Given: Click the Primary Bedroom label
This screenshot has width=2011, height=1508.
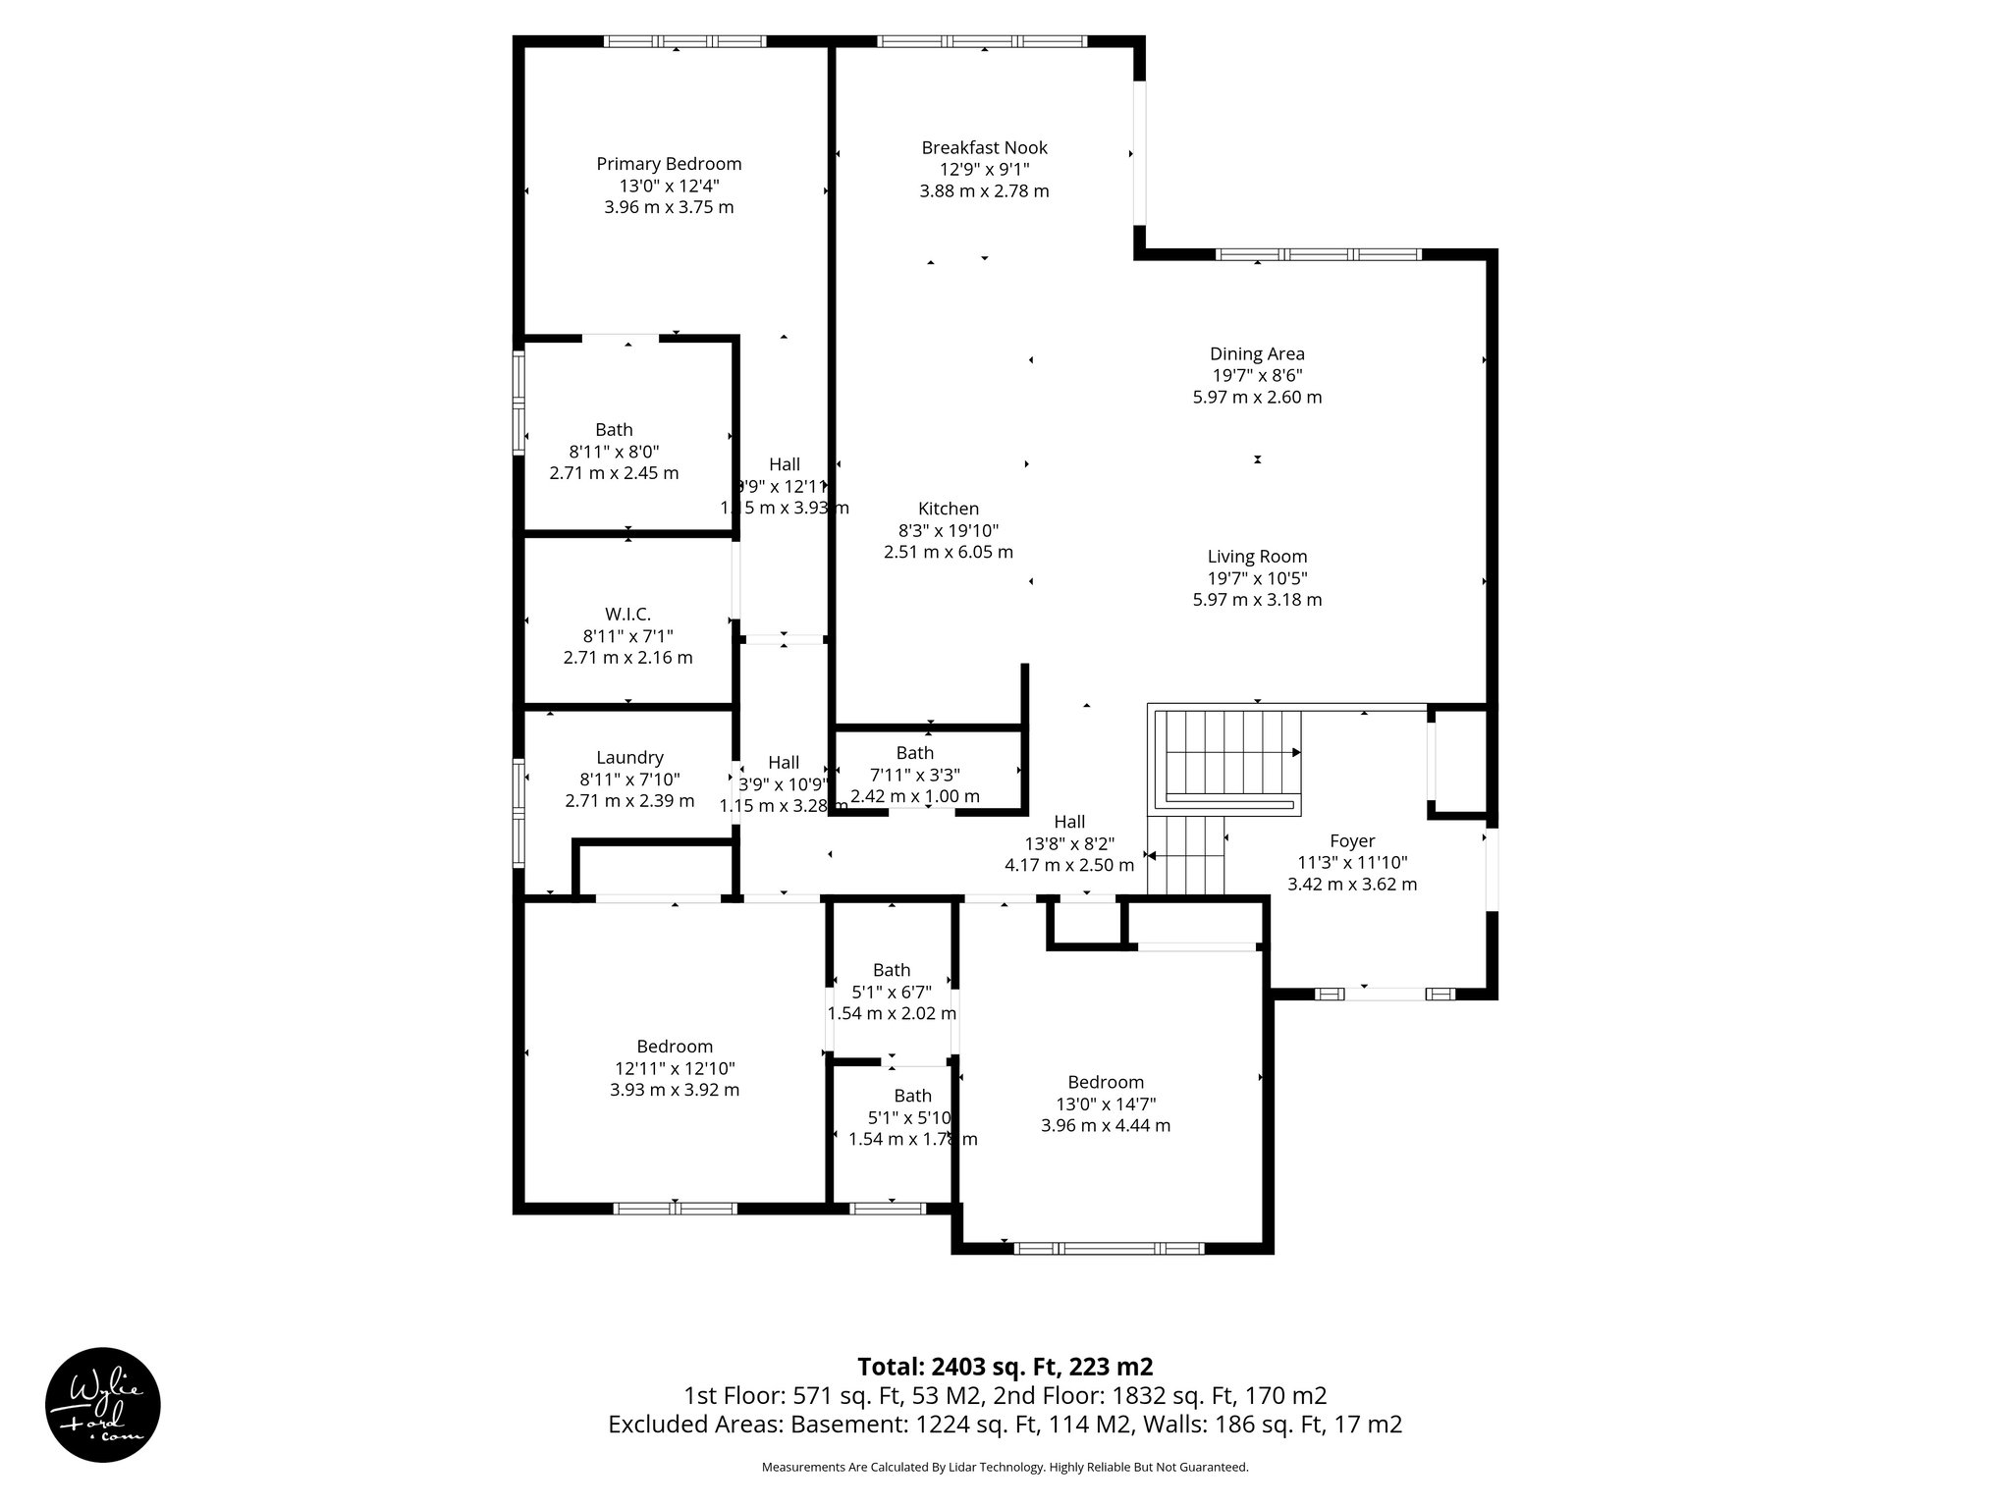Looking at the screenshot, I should [669, 164].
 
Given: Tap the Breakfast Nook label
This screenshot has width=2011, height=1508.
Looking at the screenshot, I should [984, 148].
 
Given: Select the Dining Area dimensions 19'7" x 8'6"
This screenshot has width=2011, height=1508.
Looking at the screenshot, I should [1257, 376].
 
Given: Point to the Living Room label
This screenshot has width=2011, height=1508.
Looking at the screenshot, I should [1257, 557].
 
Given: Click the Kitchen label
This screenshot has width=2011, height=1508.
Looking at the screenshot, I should [948, 509].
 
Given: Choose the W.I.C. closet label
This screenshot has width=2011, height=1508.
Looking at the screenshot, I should [627, 615].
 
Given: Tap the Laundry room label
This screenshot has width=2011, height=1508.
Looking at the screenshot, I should [629, 758].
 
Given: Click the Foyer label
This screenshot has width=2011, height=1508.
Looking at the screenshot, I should [1352, 841].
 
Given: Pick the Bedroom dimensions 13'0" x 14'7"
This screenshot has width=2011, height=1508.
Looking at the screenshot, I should [1106, 1104].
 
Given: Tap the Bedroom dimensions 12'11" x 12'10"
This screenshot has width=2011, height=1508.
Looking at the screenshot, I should [675, 1069].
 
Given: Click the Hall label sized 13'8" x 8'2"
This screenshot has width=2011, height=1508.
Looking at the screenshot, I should [1069, 822].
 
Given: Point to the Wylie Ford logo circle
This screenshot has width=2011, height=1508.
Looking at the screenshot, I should [103, 1404].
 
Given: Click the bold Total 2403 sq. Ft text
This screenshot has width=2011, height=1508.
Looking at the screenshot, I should [1005, 1367].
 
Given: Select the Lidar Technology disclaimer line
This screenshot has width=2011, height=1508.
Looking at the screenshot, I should [1005, 1468].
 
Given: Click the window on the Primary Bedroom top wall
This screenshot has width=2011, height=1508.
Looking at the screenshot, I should [684, 41].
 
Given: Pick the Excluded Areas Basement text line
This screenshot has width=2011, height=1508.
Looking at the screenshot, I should [1005, 1425].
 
